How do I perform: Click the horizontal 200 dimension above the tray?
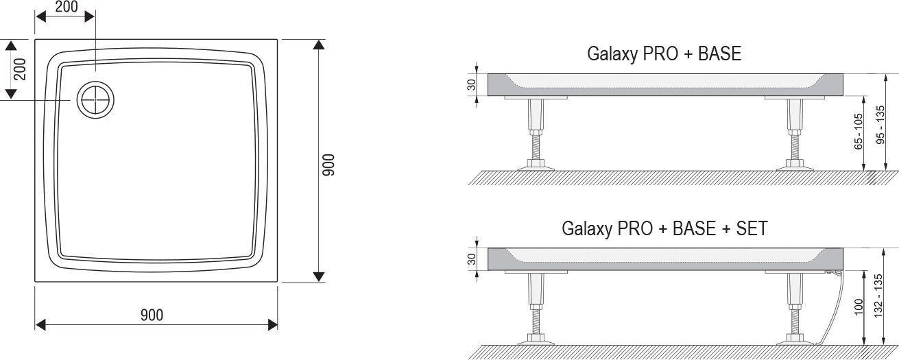pos(66,8)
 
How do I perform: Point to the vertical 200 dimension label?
pos(20,69)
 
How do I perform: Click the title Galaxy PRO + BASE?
pos(664,54)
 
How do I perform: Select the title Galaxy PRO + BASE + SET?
pos(664,228)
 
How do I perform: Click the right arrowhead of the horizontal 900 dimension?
pos(272,324)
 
